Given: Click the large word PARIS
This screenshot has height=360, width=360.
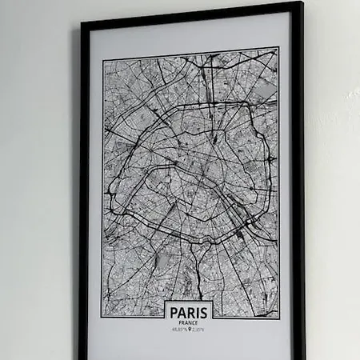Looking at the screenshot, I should (x=190, y=311).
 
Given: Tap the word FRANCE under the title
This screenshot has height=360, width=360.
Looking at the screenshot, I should (x=190, y=322).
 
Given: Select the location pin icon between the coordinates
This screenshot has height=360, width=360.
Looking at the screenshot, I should (x=190, y=329).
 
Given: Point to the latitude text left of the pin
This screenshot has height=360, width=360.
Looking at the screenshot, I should (x=179, y=329).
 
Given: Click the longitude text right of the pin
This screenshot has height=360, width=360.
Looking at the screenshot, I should (x=199, y=329).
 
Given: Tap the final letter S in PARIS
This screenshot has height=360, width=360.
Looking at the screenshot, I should (x=206, y=311).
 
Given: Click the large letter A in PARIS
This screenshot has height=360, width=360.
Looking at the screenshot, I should (x=182, y=311).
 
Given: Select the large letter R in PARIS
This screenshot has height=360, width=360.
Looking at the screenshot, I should (x=191, y=311).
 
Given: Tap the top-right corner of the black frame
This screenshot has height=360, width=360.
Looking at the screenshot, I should (x=300, y=4).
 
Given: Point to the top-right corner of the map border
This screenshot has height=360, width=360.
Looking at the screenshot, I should (x=278, y=48).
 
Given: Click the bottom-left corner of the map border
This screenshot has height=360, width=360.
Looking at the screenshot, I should (x=102, y=317).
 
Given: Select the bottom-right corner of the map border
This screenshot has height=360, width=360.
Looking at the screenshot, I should (x=279, y=318).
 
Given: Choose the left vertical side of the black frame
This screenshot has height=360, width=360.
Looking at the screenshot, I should (x=83, y=200).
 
